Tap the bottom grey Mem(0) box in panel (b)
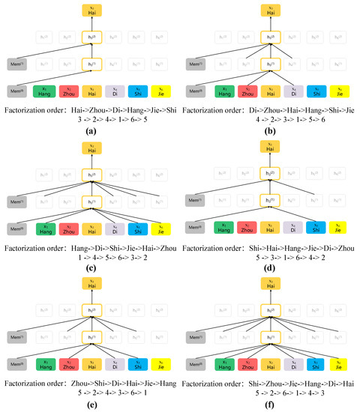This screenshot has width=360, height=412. pos(197,91)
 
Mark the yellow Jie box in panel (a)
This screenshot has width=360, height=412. pos(161,91)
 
